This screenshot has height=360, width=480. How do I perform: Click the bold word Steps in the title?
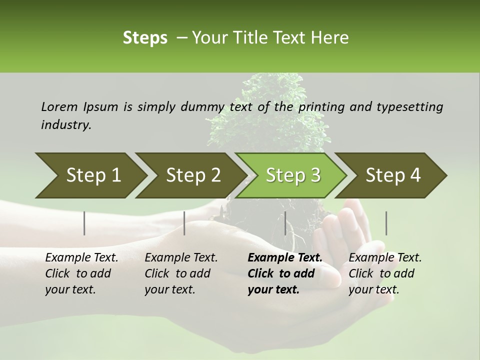145,38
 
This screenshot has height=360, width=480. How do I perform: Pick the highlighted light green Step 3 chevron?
293,175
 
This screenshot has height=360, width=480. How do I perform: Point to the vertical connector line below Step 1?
84,223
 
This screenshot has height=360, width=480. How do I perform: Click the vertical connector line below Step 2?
184,223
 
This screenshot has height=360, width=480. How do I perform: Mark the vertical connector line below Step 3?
285,223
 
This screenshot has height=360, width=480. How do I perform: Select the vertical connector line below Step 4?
386,223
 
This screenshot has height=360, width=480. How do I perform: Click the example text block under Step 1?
81,273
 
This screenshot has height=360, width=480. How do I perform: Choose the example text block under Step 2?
181,273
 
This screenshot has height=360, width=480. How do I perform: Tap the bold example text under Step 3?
285,273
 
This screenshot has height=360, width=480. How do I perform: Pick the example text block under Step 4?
385,273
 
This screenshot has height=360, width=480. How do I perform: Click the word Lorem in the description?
59,106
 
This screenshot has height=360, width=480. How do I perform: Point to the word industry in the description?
66,125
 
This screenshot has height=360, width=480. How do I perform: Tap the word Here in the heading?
332,38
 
